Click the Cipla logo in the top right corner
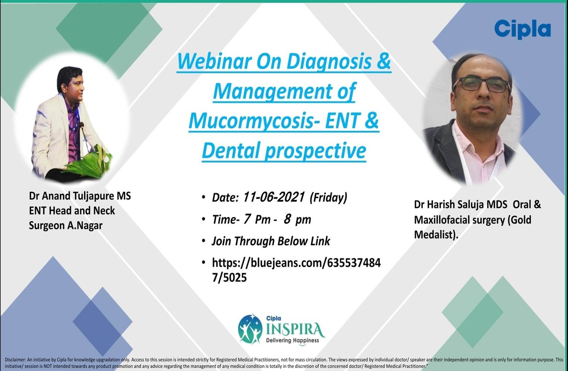pos(522,30)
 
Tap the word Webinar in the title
pos(214,62)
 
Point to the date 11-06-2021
pos(274,197)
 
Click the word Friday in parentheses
pos(328,198)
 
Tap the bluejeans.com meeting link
pos(296,270)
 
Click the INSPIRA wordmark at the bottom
pos(295,330)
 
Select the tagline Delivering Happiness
pos(293,340)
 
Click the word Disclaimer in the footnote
pos(15,360)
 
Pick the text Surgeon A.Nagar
pos(66,225)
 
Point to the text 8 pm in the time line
pos(297,220)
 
